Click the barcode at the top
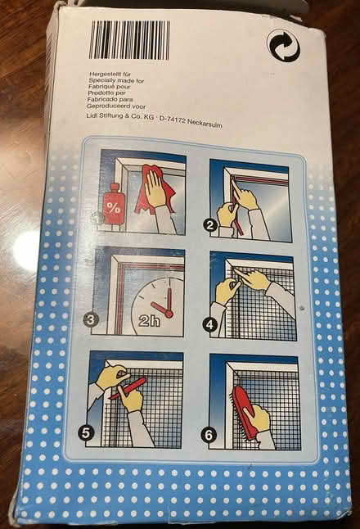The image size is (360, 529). pyautogui.click(x=129, y=40)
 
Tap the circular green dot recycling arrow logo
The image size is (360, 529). pyautogui.click(x=283, y=45)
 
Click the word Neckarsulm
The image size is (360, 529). pyautogui.click(x=205, y=123)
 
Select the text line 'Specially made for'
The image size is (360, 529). pyautogui.click(x=116, y=80)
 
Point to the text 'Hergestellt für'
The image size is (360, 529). pyautogui.click(x=110, y=74)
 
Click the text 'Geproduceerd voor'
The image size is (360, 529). pyautogui.click(x=116, y=106)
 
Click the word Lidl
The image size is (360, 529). pyautogui.click(x=92, y=115)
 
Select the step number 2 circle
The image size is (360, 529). pyautogui.click(x=210, y=224)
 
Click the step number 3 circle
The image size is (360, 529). pyautogui.click(x=90, y=319)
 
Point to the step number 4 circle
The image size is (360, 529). pyautogui.click(x=209, y=326)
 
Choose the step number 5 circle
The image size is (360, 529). pyautogui.click(x=85, y=432)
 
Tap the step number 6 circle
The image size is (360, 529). pyautogui.click(x=209, y=435)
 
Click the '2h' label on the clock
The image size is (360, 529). pyautogui.click(x=149, y=320)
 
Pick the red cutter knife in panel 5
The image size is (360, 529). pyautogui.click(x=128, y=388)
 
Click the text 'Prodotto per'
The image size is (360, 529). pyautogui.click(x=106, y=93)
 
